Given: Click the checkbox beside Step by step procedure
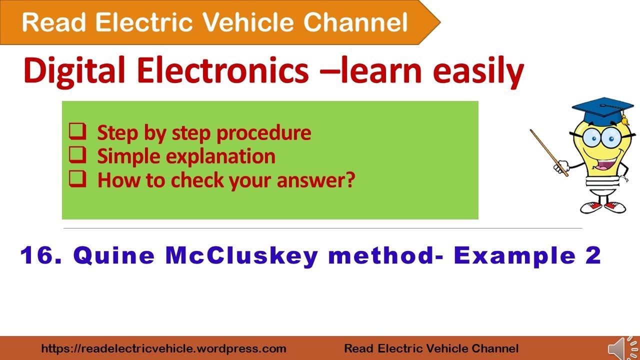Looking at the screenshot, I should (77, 132).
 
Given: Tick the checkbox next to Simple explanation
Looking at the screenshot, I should (77, 156).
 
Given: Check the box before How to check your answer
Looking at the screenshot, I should (77, 179).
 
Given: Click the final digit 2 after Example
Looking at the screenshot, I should (593, 256).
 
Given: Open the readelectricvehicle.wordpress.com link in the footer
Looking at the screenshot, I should (163, 348).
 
